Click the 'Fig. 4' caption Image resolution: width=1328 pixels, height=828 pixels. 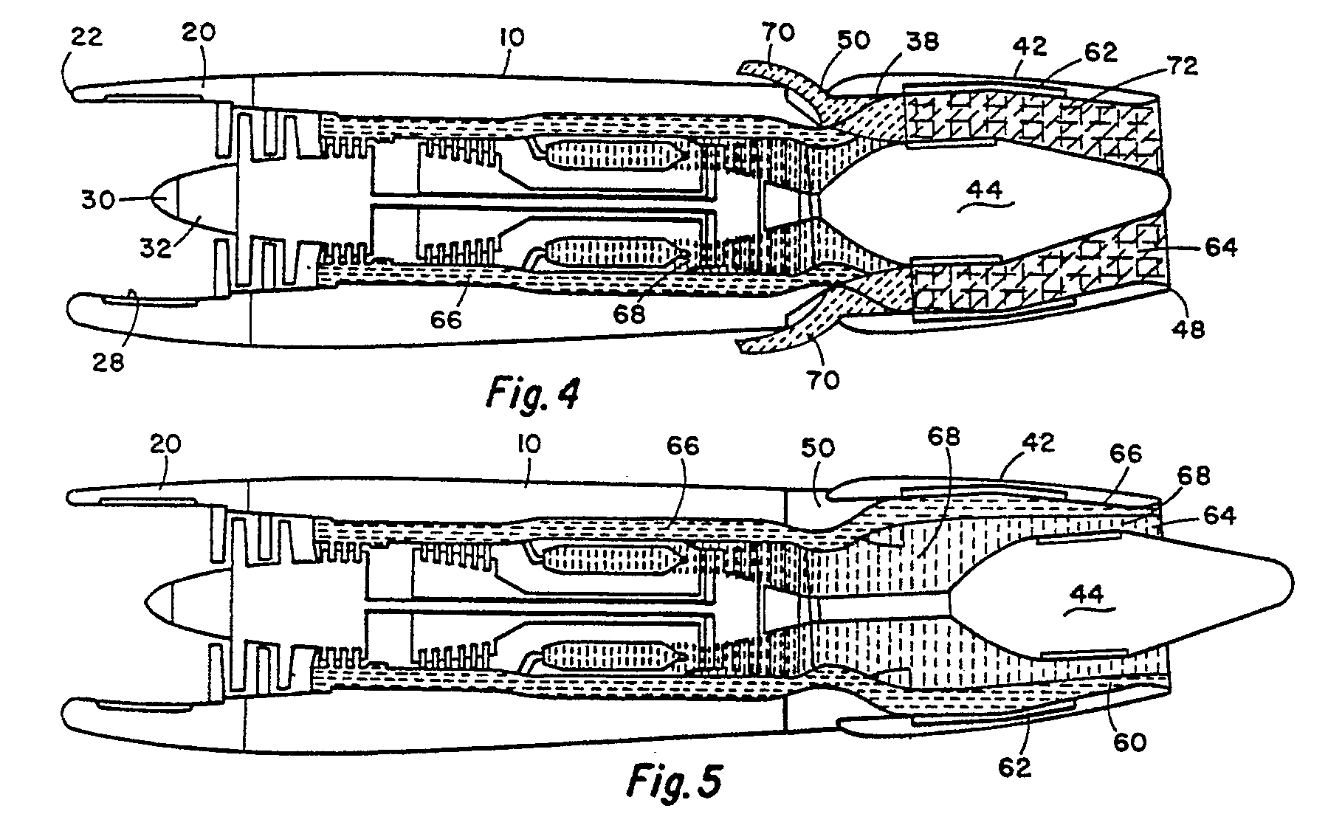[533, 392]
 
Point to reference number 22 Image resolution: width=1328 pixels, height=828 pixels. [86, 37]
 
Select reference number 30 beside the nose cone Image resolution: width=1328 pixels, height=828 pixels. [98, 199]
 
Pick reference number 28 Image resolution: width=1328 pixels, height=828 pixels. [109, 362]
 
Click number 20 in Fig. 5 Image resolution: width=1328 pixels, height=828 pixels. [165, 444]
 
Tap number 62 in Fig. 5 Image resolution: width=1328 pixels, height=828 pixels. [1014, 767]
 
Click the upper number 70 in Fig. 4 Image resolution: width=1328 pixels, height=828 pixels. [778, 33]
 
